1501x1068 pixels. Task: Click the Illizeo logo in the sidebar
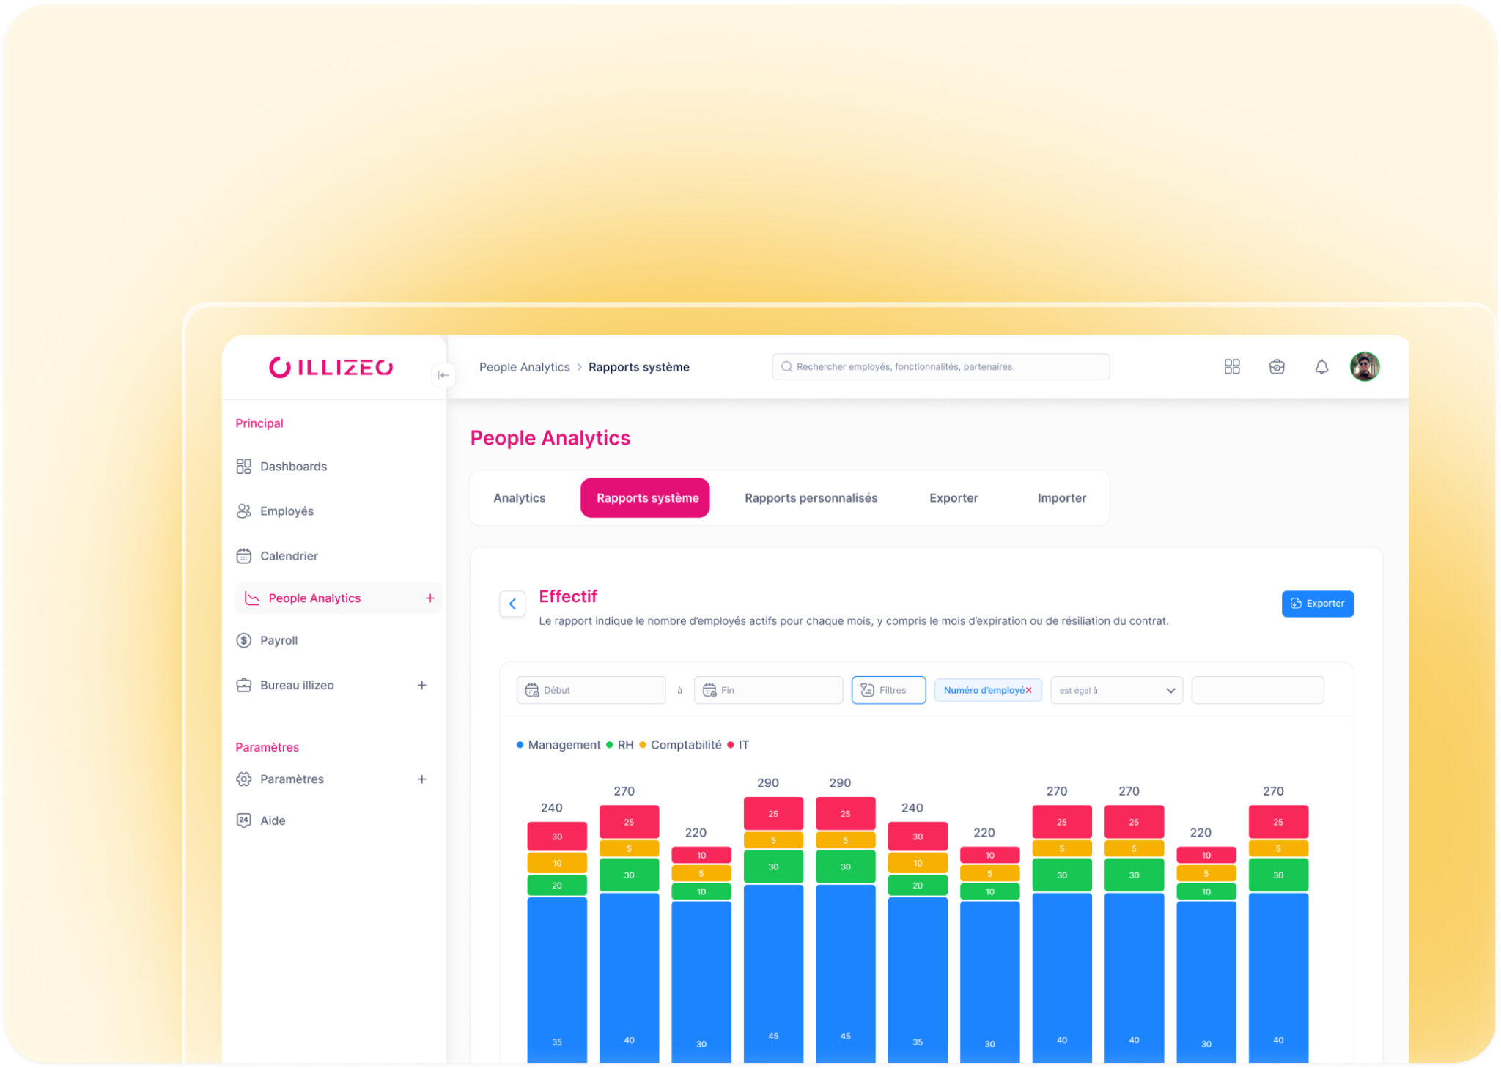pos(331,367)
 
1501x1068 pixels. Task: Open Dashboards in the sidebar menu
pos(292,467)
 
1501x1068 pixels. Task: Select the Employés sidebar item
pos(286,511)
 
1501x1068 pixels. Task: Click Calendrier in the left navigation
pos(288,556)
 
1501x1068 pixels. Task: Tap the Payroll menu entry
pos(278,640)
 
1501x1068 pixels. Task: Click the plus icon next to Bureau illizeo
pos(421,686)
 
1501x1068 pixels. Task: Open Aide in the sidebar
pos(272,820)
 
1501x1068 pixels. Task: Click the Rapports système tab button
pos(646,498)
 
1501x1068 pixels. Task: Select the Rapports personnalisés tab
pos(811,498)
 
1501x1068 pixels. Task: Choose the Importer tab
pos(1061,498)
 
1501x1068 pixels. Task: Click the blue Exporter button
pos(1316,604)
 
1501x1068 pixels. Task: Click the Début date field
pos(591,690)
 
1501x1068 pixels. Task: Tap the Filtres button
pos(888,690)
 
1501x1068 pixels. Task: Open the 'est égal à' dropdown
pos(1115,690)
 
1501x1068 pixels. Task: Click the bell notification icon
pos(1321,367)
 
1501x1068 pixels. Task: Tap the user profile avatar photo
pos(1364,366)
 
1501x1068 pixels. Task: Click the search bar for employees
pos(940,367)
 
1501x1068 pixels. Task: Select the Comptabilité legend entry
pos(685,745)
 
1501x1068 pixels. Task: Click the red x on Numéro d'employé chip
pos(1028,690)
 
